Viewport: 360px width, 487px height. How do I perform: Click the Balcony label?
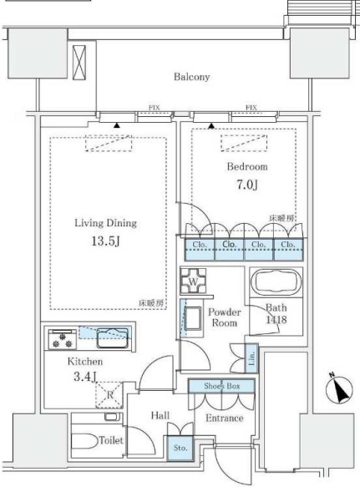pyautogui.click(x=191, y=77)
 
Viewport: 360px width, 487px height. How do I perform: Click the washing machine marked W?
pyautogui.click(x=194, y=282)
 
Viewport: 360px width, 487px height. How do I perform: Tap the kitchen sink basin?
pyautogui.click(x=110, y=337)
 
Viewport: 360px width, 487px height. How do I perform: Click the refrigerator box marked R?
pyautogui.click(x=111, y=393)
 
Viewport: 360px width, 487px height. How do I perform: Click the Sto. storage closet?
pyautogui.click(x=180, y=448)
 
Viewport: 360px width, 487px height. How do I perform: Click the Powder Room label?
pyautogui.click(x=224, y=317)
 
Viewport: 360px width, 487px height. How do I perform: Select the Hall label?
pyautogui.click(x=161, y=415)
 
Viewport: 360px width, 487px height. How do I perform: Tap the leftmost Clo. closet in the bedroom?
pyautogui.click(x=199, y=246)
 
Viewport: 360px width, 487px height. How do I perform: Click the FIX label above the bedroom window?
pyautogui.click(x=251, y=108)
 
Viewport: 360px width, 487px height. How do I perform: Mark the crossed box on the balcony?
pyautogui.click(x=79, y=61)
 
